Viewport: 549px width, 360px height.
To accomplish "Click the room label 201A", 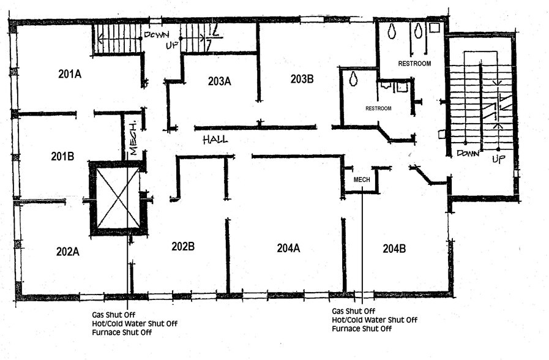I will (70, 75).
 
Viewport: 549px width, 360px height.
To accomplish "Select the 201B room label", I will (62, 156).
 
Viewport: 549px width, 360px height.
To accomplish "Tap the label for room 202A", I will (68, 251).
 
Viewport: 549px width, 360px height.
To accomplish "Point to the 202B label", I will (183, 247).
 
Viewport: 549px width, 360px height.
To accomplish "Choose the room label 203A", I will (219, 81).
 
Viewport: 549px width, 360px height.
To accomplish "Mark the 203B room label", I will (302, 78).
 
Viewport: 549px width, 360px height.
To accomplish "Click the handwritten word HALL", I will (215, 140).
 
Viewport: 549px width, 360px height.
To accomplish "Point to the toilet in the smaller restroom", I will (354, 78).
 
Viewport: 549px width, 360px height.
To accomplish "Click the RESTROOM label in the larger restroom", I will (414, 64).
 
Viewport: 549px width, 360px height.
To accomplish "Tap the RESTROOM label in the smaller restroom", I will (378, 108).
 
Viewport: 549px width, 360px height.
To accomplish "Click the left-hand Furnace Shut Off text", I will (121, 332).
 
